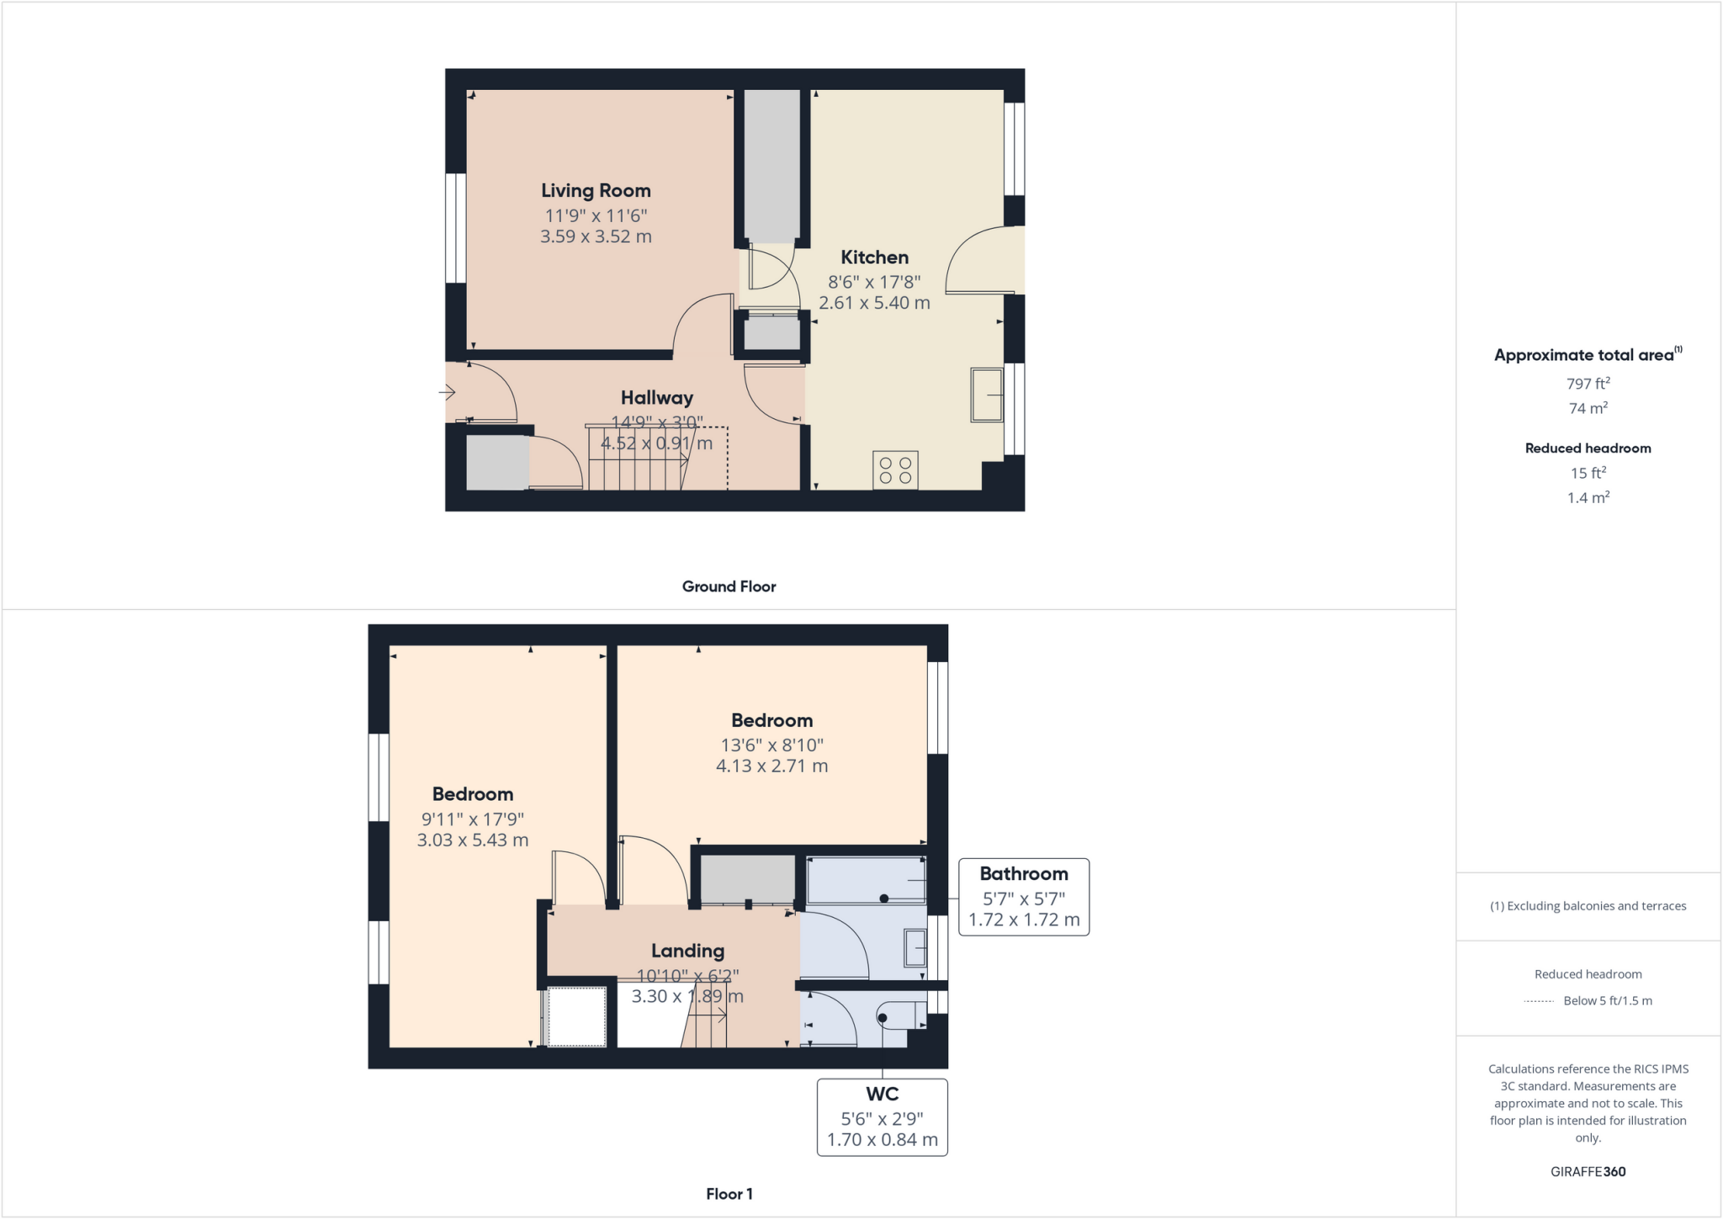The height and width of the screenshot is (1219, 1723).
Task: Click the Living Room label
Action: [596, 191]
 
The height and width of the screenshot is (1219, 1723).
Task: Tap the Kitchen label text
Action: [874, 257]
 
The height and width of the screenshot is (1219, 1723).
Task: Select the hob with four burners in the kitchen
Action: [895, 470]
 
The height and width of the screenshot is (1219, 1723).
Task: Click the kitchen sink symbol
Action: [987, 395]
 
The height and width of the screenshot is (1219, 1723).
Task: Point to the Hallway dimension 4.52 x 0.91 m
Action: [656, 443]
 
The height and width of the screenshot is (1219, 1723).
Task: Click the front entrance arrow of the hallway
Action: [447, 392]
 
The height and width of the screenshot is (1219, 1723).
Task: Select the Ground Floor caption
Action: [729, 586]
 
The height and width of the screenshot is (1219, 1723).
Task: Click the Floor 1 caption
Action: [729, 1194]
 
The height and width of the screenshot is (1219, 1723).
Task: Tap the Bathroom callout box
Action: [1024, 897]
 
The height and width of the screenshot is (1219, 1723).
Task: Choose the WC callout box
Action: [882, 1117]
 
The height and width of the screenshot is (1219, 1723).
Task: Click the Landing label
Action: [687, 951]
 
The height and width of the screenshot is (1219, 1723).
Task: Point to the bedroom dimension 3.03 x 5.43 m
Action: [473, 840]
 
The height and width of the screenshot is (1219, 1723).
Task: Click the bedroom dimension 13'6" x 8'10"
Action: [771, 745]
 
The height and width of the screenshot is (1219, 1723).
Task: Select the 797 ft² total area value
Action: [1588, 384]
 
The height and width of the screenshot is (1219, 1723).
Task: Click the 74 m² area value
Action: [1588, 408]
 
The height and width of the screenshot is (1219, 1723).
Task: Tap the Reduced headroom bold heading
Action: [1588, 448]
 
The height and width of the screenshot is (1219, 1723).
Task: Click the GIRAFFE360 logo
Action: [1588, 1171]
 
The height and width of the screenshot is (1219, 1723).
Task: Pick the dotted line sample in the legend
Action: [1539, 1001]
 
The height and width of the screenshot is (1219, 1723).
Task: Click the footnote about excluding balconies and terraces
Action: [1588, 906]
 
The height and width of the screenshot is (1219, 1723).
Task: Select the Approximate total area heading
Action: [1584, 355]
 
